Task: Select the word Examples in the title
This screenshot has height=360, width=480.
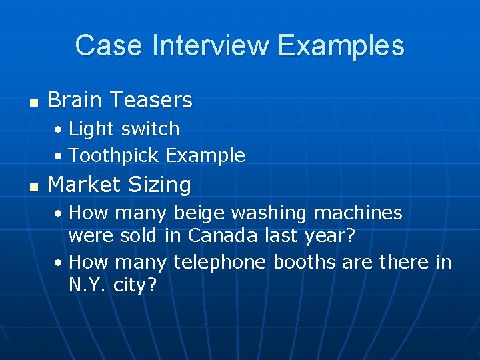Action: click(341, 46)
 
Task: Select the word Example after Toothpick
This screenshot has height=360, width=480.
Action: click(206, 156)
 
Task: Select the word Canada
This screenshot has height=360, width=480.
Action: click(220, 236)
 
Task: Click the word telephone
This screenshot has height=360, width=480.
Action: click(220, 263)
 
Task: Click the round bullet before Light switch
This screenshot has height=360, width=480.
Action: click(59, 129)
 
